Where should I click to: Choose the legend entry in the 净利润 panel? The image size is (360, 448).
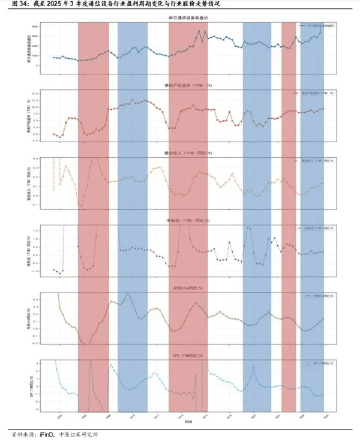pos(314,228)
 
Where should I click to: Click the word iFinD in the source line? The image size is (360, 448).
pos(45,436)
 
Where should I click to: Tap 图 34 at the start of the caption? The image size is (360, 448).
pos(13,4)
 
